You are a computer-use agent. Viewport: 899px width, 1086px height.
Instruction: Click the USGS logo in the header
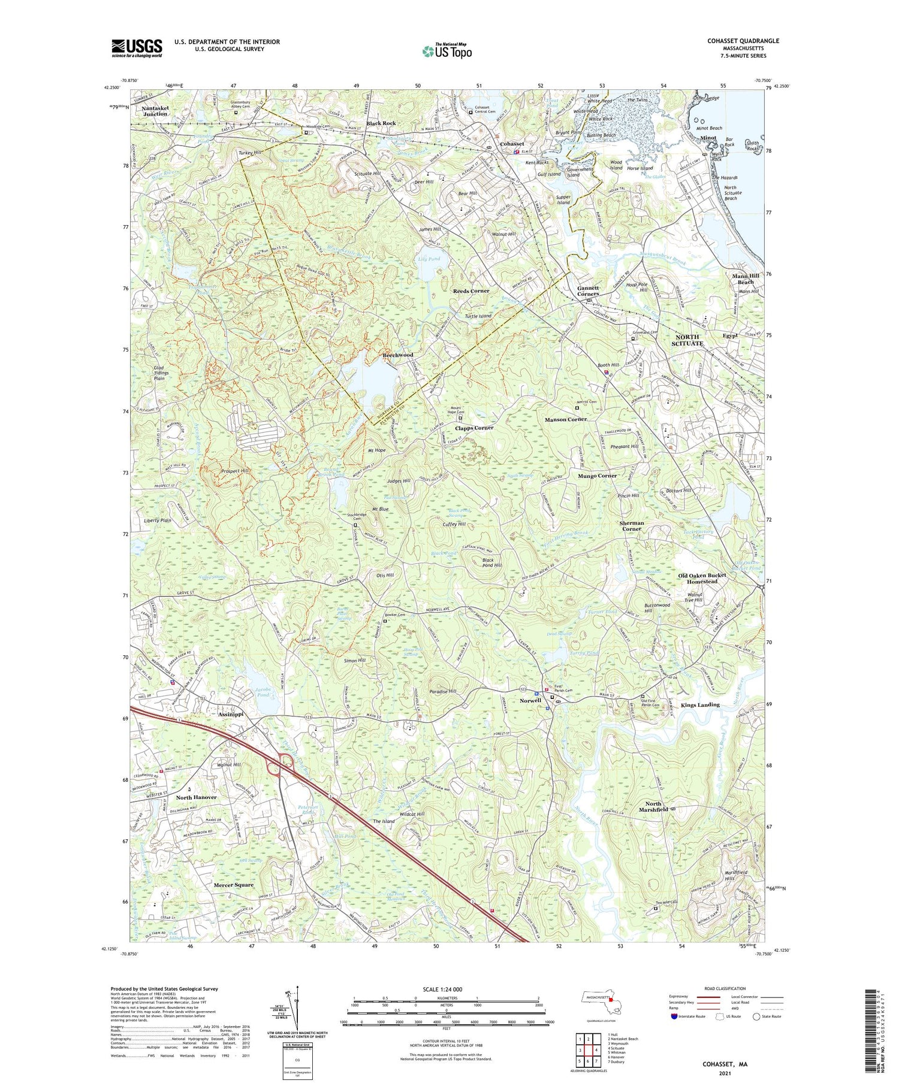point(137,48)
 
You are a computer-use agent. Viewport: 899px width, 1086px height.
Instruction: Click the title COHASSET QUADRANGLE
point(744,41)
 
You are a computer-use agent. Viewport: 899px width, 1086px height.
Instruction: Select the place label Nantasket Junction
point(155,110)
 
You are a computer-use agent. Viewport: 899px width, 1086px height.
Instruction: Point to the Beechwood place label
point(398,355)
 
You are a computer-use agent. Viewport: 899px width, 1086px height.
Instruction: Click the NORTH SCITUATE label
point(686,340)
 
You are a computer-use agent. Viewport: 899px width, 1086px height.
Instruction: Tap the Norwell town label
point(530,700)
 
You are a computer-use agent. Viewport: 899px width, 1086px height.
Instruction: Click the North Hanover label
point(196,797)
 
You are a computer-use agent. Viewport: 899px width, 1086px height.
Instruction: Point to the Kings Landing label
point(700,705)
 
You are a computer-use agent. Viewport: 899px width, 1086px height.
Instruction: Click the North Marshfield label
point(653,806)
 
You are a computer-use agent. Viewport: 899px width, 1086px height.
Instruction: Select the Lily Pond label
point(429,259)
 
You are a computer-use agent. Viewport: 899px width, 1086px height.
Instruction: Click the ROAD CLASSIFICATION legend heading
point(725,988)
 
